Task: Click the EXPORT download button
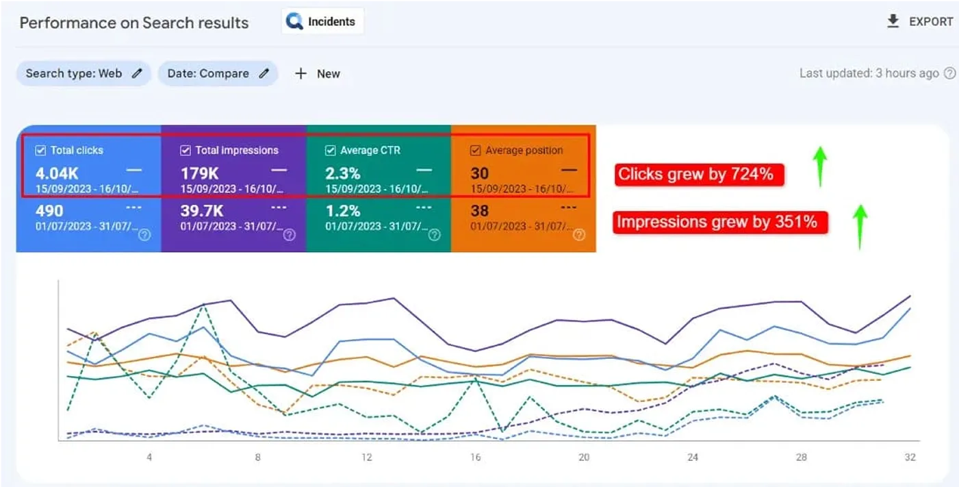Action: pyautogui.click(x=919, y=22)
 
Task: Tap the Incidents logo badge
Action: pyautogui.click(x=322, y=22)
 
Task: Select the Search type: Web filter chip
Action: pyautogui.click(x=84, y=73)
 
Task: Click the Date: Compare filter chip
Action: pyautogui.click(x=218, y=73)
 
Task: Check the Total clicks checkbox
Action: pyautogui.click(x=41, y=150)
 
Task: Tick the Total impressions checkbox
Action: pyautogui.click(x=186, y=150)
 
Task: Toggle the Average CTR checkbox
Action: pyautogui.click(x=331, y=150)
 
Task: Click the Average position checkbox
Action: pyautogui.click(x=476, y=150)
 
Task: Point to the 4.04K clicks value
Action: pyautogui.click(x=56, y=173)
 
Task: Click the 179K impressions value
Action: pyautogui.click(x=199, y=173)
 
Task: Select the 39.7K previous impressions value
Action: pyautogui.click(x=203, y=211)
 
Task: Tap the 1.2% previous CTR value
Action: pyautogui.click(x=342, y=211)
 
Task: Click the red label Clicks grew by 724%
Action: pyautogui.click(x=695, y=175)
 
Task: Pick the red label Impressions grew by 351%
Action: pyautogui.click(x=717, y=222)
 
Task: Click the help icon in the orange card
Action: pyautogui.click(x=579, y=235)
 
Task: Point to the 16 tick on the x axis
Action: pyautogui.click(x=476, y=458)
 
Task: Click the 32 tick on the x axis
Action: pyautogui.click(x=910, y=458)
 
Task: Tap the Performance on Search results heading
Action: pyautogui.click(x=134, y=23)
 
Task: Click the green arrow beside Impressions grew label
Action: pyautogui.click(x=860, y=226)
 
